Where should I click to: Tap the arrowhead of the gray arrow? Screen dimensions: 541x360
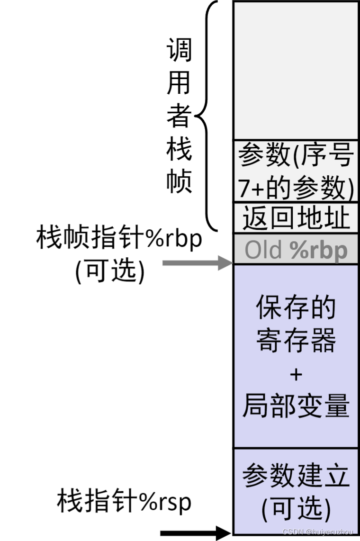(x=225, y=263)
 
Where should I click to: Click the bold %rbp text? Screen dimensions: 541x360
(x=318, y=250)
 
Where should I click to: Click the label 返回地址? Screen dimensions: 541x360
(x=296, y=218)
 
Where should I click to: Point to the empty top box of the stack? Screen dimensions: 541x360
(x=296, y=71)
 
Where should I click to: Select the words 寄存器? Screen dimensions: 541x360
(x=296, y=340)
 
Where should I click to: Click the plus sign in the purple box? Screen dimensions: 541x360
(x=296, y=375)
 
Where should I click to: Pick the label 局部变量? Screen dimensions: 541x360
(x=296, y=406)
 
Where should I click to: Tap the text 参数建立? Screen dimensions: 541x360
(x=296, y=477)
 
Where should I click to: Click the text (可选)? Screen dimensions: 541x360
(x=296, y=509)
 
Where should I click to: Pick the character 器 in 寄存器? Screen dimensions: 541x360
(x=323, y=340)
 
